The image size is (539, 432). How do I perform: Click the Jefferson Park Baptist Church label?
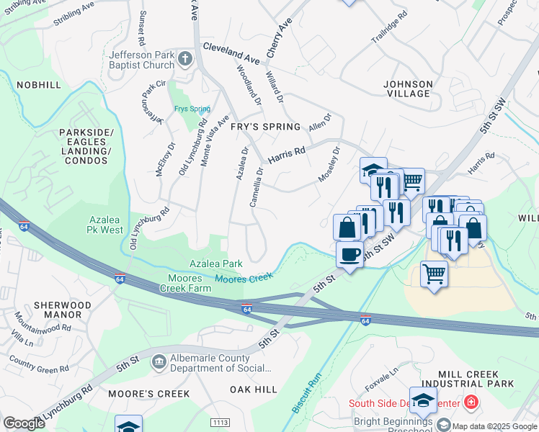click(x=142, y=60)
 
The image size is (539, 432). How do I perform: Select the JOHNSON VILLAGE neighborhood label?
click(x=408, y=89)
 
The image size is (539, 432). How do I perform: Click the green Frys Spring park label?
click(x=192, y=109)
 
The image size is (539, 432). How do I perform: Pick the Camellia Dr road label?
click(x=256, y=187)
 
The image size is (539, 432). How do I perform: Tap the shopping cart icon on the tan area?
click(x=434, y=274)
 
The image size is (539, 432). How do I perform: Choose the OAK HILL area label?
click(x=254, y=390)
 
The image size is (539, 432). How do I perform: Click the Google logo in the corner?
click(x=24, y=423)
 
